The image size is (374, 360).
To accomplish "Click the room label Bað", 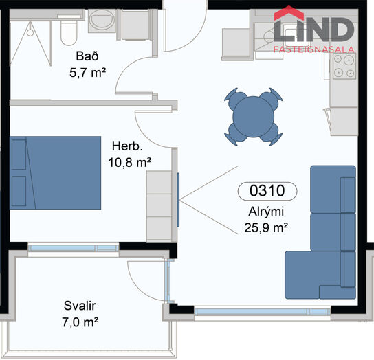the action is point(87,56).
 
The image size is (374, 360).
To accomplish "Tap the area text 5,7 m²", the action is point(87,72).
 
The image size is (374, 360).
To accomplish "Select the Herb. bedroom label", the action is point(127,146).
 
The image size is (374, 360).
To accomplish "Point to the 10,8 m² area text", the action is point(130,163).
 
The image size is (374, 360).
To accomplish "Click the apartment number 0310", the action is point(267,191).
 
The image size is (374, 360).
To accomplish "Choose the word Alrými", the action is point(266,212).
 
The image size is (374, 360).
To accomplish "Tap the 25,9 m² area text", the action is point(266,228).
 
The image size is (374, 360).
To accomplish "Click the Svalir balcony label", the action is point(80,306).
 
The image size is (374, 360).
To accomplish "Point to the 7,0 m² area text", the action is point(80,322).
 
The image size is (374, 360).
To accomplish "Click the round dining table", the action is point(253,117).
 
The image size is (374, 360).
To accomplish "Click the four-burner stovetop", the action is point(344,66).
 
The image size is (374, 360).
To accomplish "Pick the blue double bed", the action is point(55,173).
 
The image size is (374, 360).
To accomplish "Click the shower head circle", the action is point(30,32).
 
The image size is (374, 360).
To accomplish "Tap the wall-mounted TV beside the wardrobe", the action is point(178,200).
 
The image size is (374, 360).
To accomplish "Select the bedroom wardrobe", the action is point(159,206).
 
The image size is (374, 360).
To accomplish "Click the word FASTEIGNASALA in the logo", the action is point(314,49).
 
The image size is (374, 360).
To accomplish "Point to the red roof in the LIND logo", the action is point(289,13).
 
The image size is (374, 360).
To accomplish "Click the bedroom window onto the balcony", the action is point(74,248).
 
